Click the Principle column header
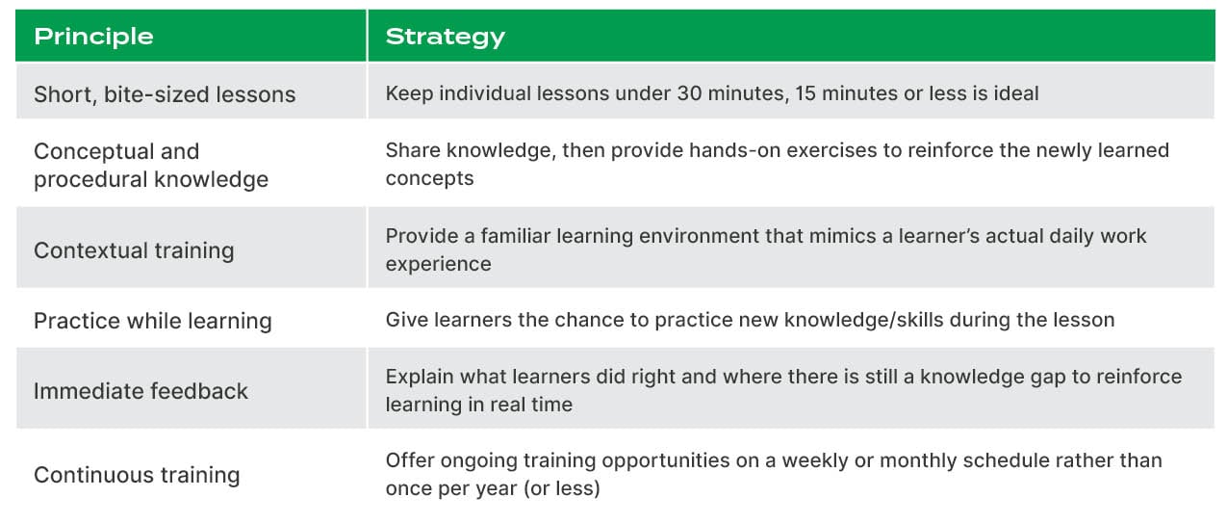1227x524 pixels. [93, 37]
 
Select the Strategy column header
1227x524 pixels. [445, 37]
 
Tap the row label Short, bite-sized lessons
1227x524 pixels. [165, 94]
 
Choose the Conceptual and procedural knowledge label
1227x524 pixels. [150, 165]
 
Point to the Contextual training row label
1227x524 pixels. [134, 250]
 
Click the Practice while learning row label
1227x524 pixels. [152, 321]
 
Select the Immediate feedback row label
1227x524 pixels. [141, 391]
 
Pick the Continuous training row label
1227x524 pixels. [137, 475]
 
